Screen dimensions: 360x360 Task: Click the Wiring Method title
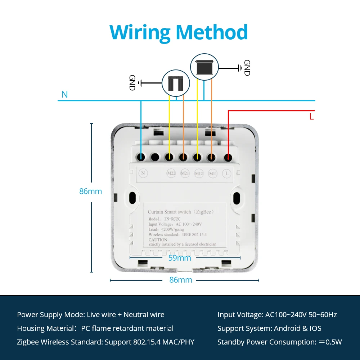[179, 32]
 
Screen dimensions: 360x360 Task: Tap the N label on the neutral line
[65, 95]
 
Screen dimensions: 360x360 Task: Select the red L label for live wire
[312, 117]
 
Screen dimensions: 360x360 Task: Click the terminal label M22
[171, 174]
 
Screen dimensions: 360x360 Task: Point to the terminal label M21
[185, 174]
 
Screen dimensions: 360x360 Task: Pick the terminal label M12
[199, 174]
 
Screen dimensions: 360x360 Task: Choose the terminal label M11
[213, 174]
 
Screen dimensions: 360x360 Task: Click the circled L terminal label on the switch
[227, 174]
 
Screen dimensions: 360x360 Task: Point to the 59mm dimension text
[179, 258]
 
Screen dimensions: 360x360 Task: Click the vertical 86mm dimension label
[91, 192]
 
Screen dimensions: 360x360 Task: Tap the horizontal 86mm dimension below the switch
[181, 280]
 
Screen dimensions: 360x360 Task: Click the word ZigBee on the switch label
[204, 212]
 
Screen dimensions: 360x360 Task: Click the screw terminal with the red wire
[228, 157]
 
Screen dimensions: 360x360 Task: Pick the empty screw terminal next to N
[155, 157]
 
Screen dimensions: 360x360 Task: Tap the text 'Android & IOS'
[297, 328]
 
